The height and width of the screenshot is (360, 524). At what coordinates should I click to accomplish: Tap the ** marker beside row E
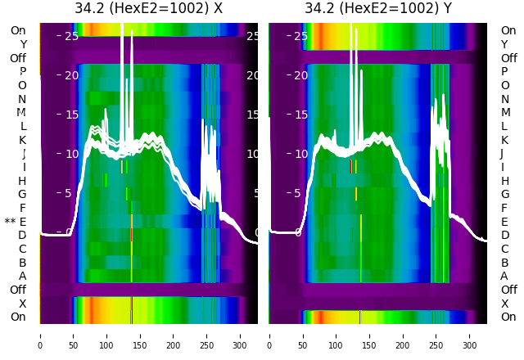click(10, 222)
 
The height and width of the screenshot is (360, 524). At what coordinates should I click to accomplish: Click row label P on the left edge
click(23, 72)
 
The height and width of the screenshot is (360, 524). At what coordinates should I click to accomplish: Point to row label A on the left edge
click(23, 276)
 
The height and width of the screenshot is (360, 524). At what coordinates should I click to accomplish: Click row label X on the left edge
click(23, 304)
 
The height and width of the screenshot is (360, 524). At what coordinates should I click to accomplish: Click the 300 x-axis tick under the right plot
click(470, 335)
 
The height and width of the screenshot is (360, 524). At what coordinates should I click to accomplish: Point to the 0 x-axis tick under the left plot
click(39, 335)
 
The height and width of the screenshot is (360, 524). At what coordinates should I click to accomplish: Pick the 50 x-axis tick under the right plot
click(302, 335)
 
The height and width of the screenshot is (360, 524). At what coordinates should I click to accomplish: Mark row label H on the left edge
click(22, 181)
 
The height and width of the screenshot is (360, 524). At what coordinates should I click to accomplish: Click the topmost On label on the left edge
click(18, 30)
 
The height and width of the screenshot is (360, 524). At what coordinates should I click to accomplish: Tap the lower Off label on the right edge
click(508, 290)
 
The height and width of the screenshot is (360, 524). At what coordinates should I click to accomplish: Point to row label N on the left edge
click(22, 99)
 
